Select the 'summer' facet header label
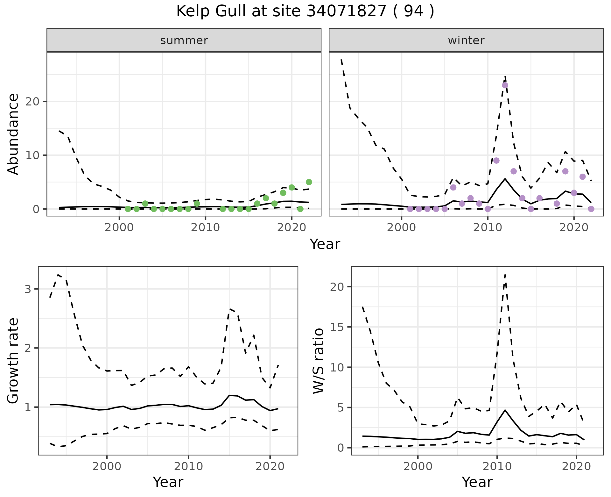[184, 40]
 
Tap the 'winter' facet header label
[466, 40]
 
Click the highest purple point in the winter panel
[505, 85]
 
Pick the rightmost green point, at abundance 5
[309, 182]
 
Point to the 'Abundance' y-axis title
[13, 134]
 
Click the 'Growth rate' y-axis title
[13, 361]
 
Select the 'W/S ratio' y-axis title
[318, 361]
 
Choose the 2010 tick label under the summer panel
[205, 228]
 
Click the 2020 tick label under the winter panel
[573, 228]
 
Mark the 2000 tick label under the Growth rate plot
[107, 467]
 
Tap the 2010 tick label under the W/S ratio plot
[497, 467]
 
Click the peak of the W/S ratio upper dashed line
[505, 275]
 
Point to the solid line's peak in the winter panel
[505, 179]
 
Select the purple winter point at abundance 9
[496, 160]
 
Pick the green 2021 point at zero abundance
[300, 209]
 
